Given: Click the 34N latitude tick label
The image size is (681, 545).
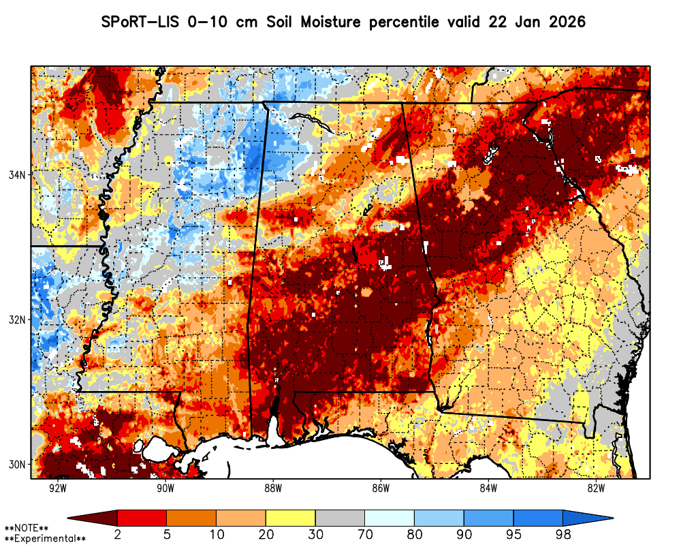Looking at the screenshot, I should click(x=16, y=174).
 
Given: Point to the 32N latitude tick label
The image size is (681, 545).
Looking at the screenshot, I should click(x=16, y=320).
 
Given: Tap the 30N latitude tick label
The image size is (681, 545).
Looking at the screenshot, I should click(x=16, y=465).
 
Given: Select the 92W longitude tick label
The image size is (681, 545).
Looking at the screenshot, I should click(x=58, y=488).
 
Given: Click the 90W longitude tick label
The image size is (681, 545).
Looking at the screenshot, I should click(x=165, y=488).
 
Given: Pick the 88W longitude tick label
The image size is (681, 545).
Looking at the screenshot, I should click(x=273, y=488).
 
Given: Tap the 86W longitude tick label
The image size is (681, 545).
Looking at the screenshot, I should click(x=381, y=488).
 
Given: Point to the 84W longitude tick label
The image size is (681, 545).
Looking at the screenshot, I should click(x=488, y=488).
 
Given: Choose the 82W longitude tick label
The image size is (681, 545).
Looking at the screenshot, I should click(x=596, y=488).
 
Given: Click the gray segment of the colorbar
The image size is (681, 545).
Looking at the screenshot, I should click(x=340, y=518).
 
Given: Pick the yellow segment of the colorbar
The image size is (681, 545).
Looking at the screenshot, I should click(x=291, y=518).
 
